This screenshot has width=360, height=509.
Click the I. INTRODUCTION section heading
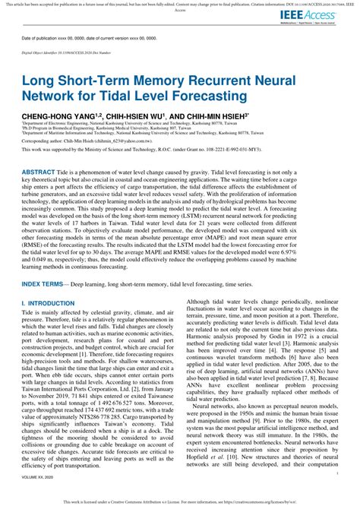tap(50, 281)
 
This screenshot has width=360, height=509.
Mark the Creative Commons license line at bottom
tap(180, 502)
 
